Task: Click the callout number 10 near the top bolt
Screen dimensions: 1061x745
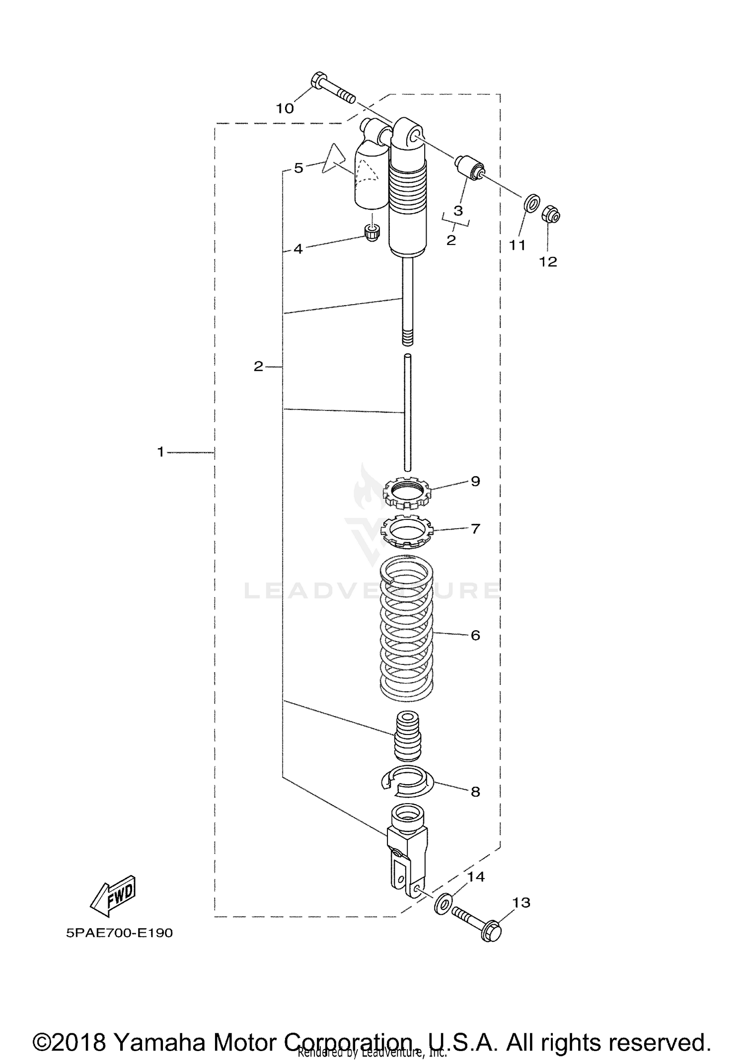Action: [x=285, y=108]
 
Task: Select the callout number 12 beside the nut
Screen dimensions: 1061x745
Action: [x=548, y=261]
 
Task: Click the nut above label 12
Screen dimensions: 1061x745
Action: [x=551, y=215]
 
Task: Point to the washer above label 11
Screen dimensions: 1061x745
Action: [x=532, y=203]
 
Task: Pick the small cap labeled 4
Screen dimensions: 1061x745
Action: [x=371, y=232]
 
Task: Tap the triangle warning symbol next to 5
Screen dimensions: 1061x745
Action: [x=333, y=159]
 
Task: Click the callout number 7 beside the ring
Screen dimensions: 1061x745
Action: [x=475, y=528]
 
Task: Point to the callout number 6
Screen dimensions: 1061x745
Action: [x=475, y=635]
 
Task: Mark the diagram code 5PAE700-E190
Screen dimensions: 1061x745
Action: [x=120, y=933]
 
